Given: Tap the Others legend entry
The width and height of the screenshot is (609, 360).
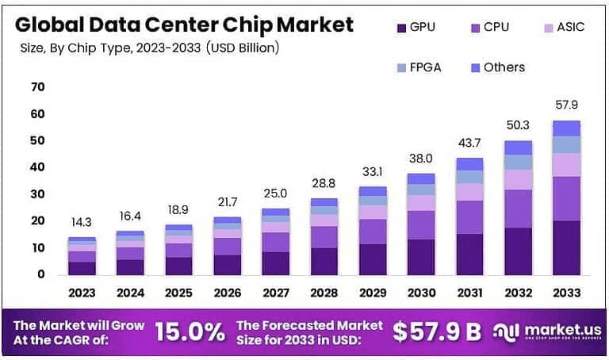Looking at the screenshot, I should (x=495, y=67).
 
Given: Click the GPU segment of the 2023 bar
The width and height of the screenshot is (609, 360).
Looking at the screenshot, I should (x=82, y=268).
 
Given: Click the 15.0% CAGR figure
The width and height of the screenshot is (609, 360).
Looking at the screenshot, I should (x=190, y=332).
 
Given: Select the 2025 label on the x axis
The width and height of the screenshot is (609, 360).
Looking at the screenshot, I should (x=178, y=293).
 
